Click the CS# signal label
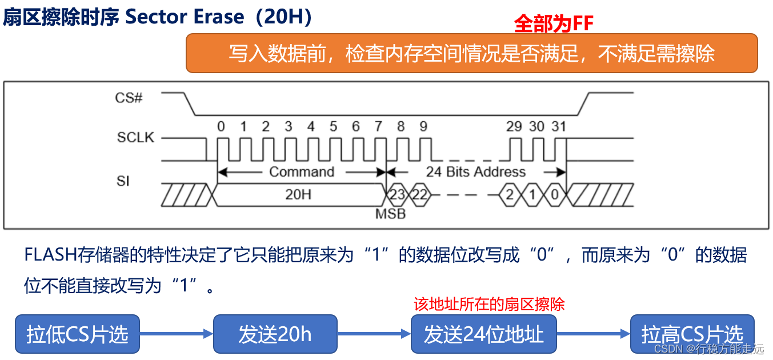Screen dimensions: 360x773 click(129, 98)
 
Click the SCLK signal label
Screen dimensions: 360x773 click(135, 138)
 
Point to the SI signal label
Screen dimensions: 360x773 click(123, 181)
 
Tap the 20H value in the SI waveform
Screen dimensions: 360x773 click(298, 194)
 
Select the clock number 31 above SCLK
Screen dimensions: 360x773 click(558, 126)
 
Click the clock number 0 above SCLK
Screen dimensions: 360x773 click(221, 126)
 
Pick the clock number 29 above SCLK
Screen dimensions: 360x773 click(514, 126)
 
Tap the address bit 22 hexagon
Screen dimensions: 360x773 click(419, 194)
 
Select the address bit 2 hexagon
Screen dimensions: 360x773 click(509, 194)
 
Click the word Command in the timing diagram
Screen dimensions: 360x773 click(302, 171)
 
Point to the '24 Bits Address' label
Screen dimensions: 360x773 click(476, 171)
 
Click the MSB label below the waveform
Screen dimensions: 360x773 click(390, 214)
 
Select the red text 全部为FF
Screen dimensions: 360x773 click(554, 23)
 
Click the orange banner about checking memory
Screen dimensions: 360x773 click(471, 53)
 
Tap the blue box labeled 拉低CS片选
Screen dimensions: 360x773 click(77, 334)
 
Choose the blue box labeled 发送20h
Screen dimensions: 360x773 click(275, 334)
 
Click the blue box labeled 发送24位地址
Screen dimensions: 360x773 click(483, 334)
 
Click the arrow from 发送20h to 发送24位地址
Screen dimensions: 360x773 click(374, 334)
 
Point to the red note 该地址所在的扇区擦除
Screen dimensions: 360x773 click(489, 304)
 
